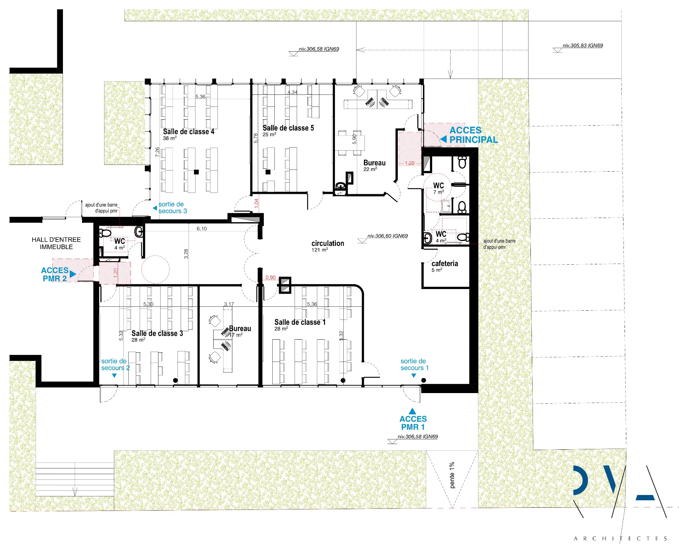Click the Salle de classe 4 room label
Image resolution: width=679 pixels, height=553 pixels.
point(188,132)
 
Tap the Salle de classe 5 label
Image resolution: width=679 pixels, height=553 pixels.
point(288,128)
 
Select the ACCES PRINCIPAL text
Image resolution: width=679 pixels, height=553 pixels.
point(474,135)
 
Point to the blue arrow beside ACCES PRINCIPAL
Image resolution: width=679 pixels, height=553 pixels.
point(443,139)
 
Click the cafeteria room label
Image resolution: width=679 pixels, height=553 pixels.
point(445,264)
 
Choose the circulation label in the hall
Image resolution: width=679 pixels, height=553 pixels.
point(328,243)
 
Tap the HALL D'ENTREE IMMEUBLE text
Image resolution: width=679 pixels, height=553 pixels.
point(56,243)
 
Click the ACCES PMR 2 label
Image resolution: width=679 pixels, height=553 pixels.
point(54,274)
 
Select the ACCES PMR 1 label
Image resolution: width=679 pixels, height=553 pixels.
point(413,423)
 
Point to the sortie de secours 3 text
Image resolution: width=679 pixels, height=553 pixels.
point(173,208)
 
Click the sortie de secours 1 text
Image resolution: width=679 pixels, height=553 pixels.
point(414,364)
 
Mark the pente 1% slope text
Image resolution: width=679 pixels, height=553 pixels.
point(452,475)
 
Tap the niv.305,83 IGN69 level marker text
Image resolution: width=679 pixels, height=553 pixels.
point(583,46)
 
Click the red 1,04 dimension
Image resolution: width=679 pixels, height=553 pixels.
point(256,203)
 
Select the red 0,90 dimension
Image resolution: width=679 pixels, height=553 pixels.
point(271,278)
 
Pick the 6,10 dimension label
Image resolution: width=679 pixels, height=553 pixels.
point(202,229)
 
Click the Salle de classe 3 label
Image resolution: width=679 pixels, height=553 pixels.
point(157,333)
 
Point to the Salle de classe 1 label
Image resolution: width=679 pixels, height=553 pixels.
point(300,322)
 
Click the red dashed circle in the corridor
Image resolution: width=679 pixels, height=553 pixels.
point(142,270)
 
